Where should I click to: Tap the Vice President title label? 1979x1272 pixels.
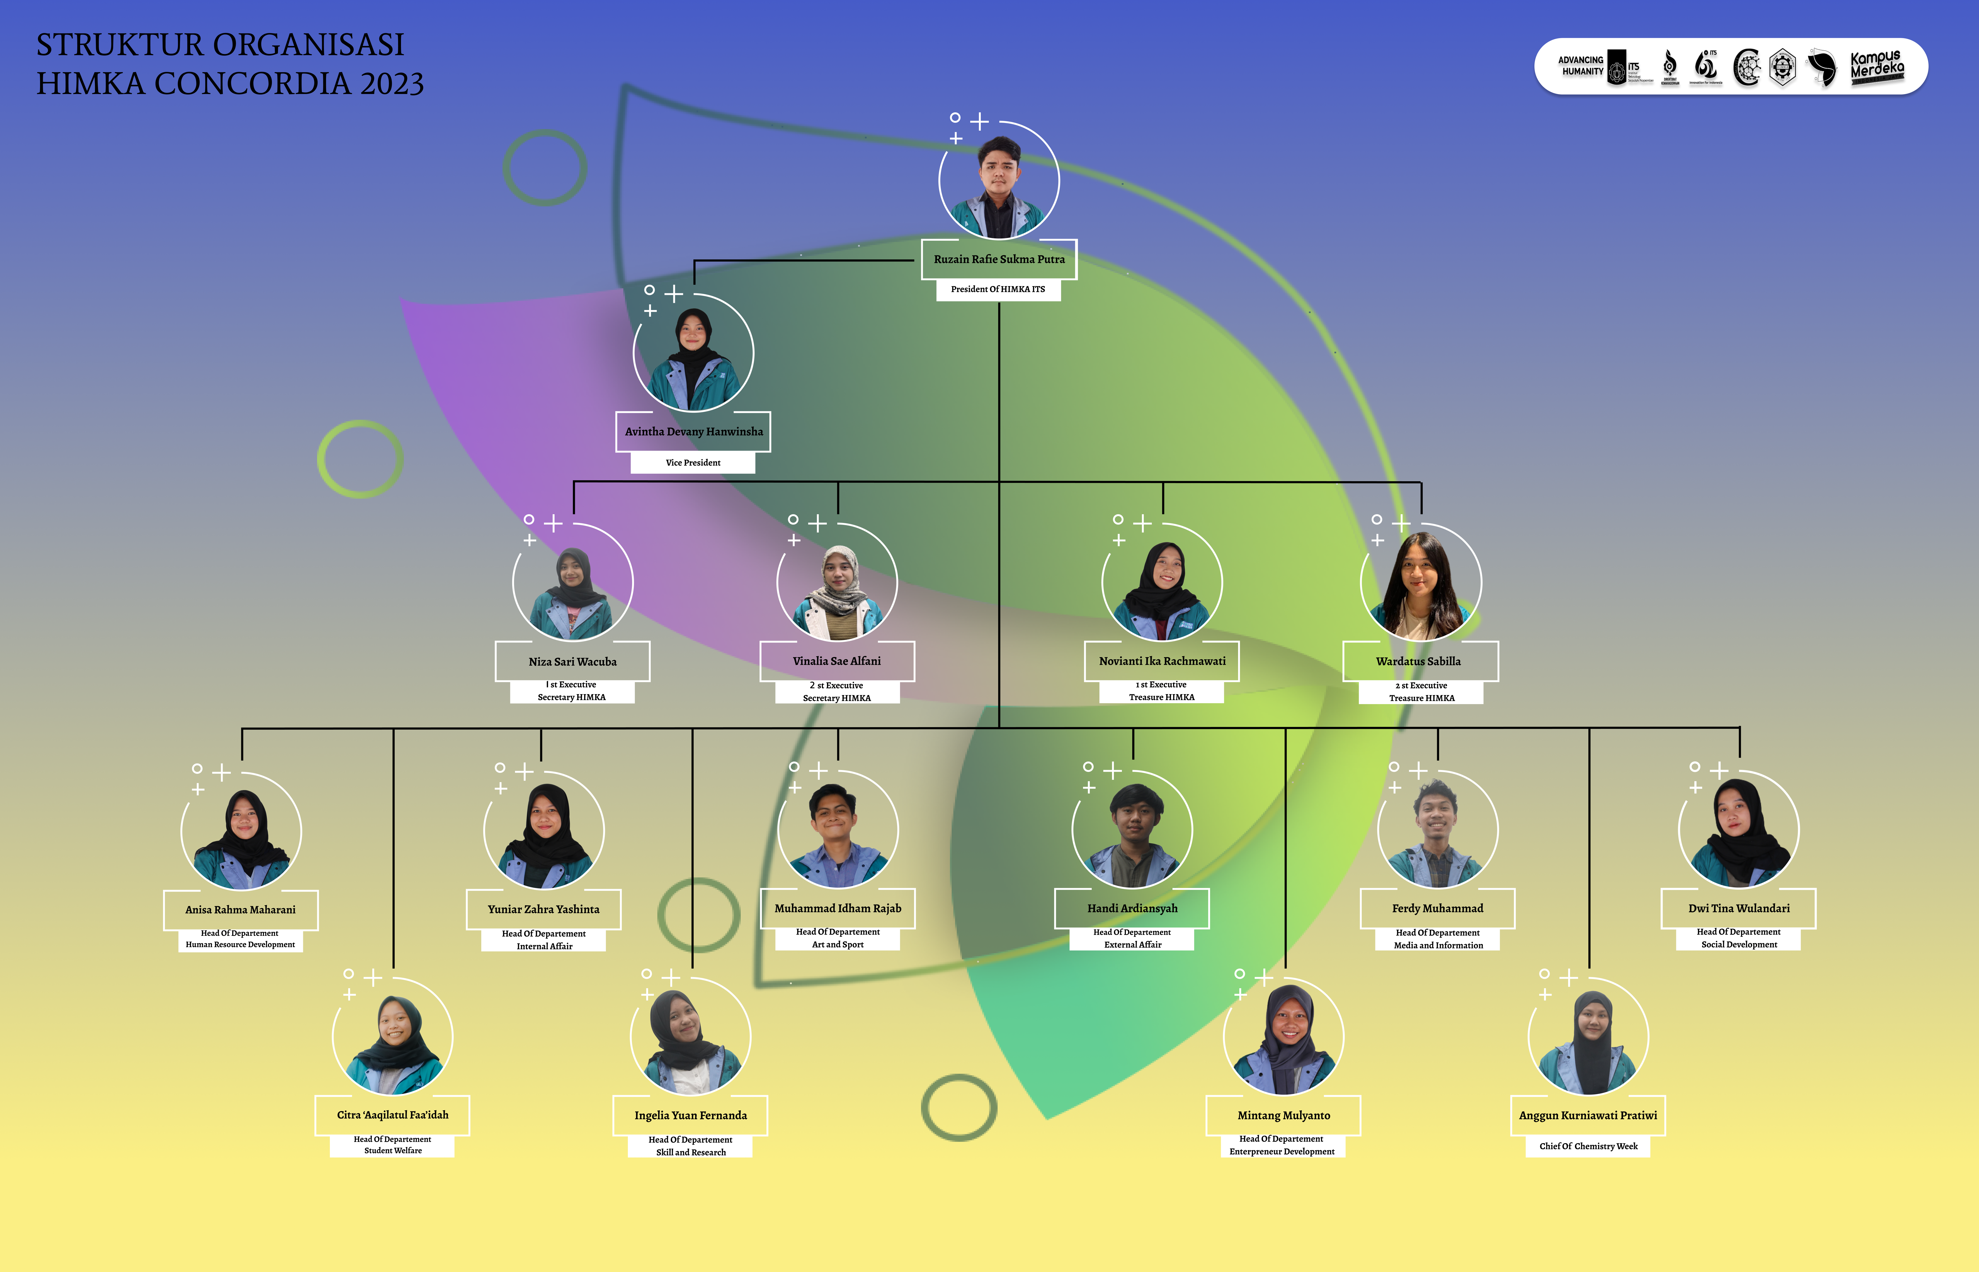point(693,463)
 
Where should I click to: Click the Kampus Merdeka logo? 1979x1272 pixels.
point(1877,66)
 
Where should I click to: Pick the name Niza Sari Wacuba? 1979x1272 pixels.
point(572,662)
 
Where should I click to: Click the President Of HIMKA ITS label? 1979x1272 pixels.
point(998,289)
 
